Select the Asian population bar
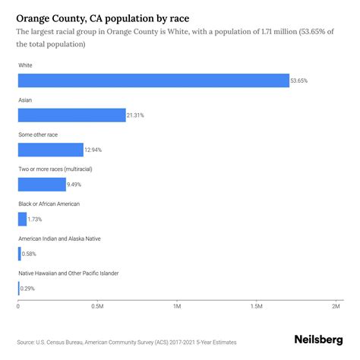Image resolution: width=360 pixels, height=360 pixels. (71, 115)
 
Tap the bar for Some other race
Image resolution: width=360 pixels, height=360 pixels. (51, 150)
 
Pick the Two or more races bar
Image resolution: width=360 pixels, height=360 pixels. (42, 184)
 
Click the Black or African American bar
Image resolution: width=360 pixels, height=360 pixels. (22, 219)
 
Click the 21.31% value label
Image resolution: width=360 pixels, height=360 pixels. (135, 115)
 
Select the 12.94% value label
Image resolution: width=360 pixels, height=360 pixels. (93, 150)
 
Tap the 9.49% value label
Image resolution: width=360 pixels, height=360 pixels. (76, 185)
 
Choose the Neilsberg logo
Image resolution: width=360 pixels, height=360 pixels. (318, 341)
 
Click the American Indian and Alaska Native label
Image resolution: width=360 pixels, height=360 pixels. (59, 238)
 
